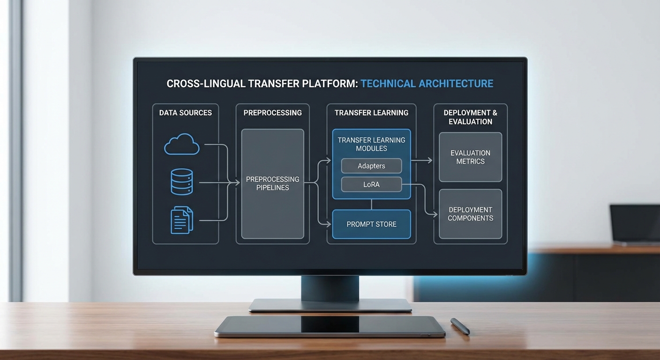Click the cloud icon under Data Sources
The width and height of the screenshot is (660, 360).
click(x=182, y=144)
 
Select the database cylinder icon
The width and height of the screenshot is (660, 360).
click(x=182, y=182)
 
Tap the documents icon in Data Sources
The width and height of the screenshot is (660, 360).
click(x=182, y=220)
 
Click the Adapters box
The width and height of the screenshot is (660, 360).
click(x=371, y=166)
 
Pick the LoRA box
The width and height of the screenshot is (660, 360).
click(x=371, y=184)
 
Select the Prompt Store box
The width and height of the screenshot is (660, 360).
click(x=371, y=224)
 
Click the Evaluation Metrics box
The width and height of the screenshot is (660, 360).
click(x=470, y=157)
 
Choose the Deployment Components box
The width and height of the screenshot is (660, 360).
click(x=470, y=214)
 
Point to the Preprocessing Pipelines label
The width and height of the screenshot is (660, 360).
click(x=272, y=183)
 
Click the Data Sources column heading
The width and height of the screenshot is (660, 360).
click(x=185, y=112)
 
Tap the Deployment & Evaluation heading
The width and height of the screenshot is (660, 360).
click(x=470, y=117)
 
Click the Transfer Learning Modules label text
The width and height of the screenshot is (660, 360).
click(x=371, y=144)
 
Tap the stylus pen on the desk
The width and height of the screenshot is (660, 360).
click(x=460, y=326)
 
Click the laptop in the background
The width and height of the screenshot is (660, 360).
click(x=635, y=225)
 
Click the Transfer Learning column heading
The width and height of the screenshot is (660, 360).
click(x=371, y=112)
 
